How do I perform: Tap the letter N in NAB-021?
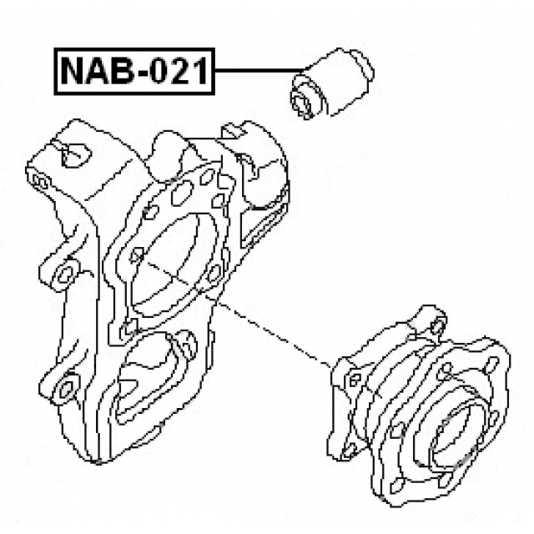(73, 72)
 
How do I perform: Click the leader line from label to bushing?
(259, 72)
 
